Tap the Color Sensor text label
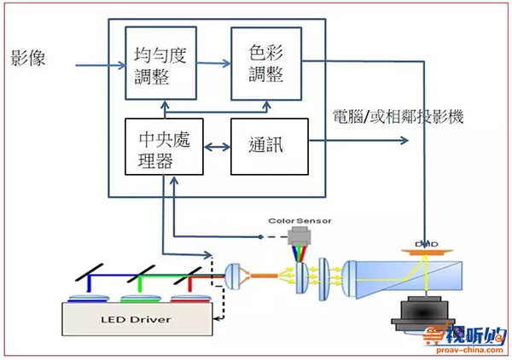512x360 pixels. point(299,221)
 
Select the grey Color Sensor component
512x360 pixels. point(299,238)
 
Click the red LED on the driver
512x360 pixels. point(189,297)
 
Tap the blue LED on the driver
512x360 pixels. point(86,297)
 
